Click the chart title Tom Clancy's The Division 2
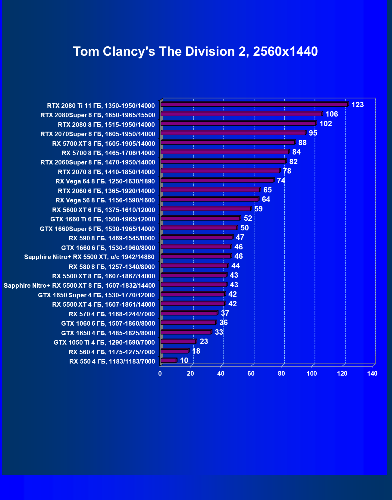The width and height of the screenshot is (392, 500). tap(195, 52)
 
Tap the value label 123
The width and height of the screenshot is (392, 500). tap(358, 105)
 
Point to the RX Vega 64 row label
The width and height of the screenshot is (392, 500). tap(105, 181)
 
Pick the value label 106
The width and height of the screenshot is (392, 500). tap(332, 114)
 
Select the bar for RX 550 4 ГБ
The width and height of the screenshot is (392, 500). tap(168, 361)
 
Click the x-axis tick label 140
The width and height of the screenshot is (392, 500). tap(372, 374)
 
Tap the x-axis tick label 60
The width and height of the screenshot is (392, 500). tap(251, 374)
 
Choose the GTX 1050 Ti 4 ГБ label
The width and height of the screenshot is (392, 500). tap(104, 342)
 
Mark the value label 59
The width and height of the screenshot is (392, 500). tap(259, 209)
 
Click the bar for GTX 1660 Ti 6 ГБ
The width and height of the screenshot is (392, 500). tap(200, 218)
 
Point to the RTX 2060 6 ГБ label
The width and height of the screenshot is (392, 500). tap(106, 191)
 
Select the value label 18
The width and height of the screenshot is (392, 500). tap(196, 351)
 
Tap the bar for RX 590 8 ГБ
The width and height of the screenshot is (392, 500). tap(196, 237)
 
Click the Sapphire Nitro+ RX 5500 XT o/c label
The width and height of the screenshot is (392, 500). tap(89, 257)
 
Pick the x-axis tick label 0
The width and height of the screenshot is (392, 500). tap(160, 374)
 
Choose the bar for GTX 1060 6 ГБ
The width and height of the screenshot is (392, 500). tap(188, 323)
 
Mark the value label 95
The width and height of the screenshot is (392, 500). tap(313, 133)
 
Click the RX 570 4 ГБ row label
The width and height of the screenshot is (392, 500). tap(112, 314)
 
